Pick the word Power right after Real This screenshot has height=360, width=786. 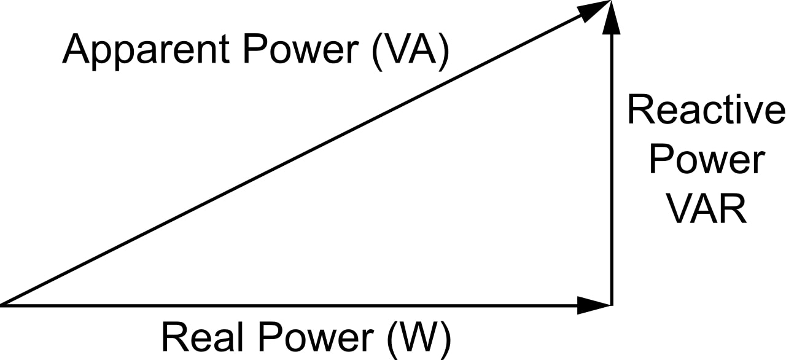(x=314, y=337)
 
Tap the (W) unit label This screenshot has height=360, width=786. (x=419, y=337)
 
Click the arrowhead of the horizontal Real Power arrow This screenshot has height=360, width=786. (x=594, y=304)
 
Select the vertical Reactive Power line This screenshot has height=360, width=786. (x=610, y=172)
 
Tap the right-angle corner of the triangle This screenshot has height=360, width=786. (x=610, y=304)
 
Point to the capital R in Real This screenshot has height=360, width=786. (x=174, y=337)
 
